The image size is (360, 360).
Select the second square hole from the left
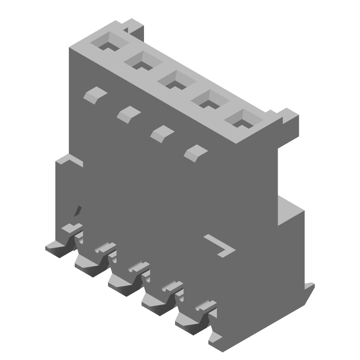[140, 63]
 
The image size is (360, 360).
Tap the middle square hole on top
[174, 81]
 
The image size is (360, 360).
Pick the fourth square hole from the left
[207, 100]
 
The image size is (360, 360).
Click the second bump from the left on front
[129, 112]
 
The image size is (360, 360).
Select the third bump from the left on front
[162, 132]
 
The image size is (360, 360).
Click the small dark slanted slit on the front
[78, 211]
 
